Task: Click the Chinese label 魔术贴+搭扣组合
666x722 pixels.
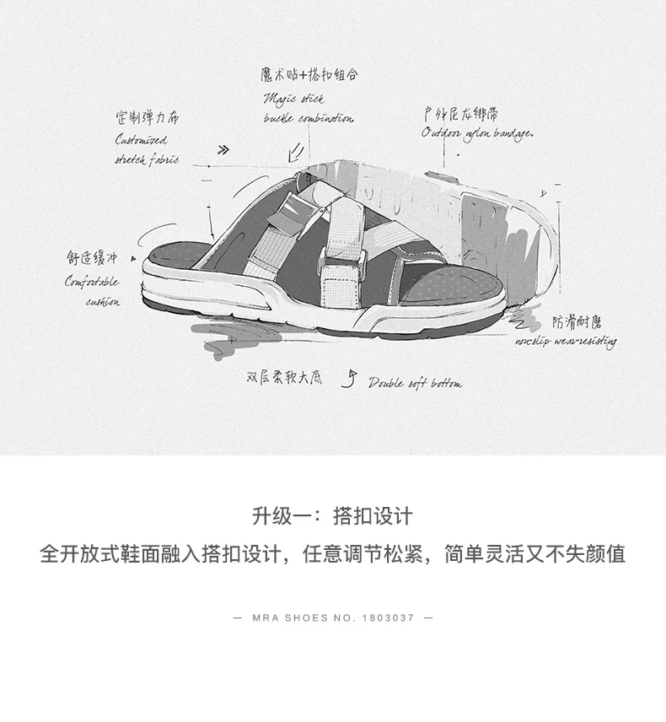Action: click(x=309, y=75)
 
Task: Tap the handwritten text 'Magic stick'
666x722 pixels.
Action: click(x=293, y=99)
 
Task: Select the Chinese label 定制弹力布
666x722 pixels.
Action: click(x=148, y=117)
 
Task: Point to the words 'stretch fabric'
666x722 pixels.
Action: click(x=147, y=159)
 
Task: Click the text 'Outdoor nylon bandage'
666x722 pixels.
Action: click(x=477, y=133)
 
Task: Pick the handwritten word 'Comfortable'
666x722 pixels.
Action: click(x=92, y=282)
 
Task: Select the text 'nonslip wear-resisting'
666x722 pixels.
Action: click(x=566, y=342)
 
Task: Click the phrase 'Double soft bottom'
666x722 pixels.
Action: click(x=415, y=383)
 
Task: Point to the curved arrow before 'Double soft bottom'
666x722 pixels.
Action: click(x=347, y=380)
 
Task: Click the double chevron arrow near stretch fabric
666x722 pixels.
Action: click(x=223, y=150)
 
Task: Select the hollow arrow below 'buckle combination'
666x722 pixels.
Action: click(x=295, y=151)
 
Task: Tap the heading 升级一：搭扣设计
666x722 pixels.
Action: click(x=332, y=515)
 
